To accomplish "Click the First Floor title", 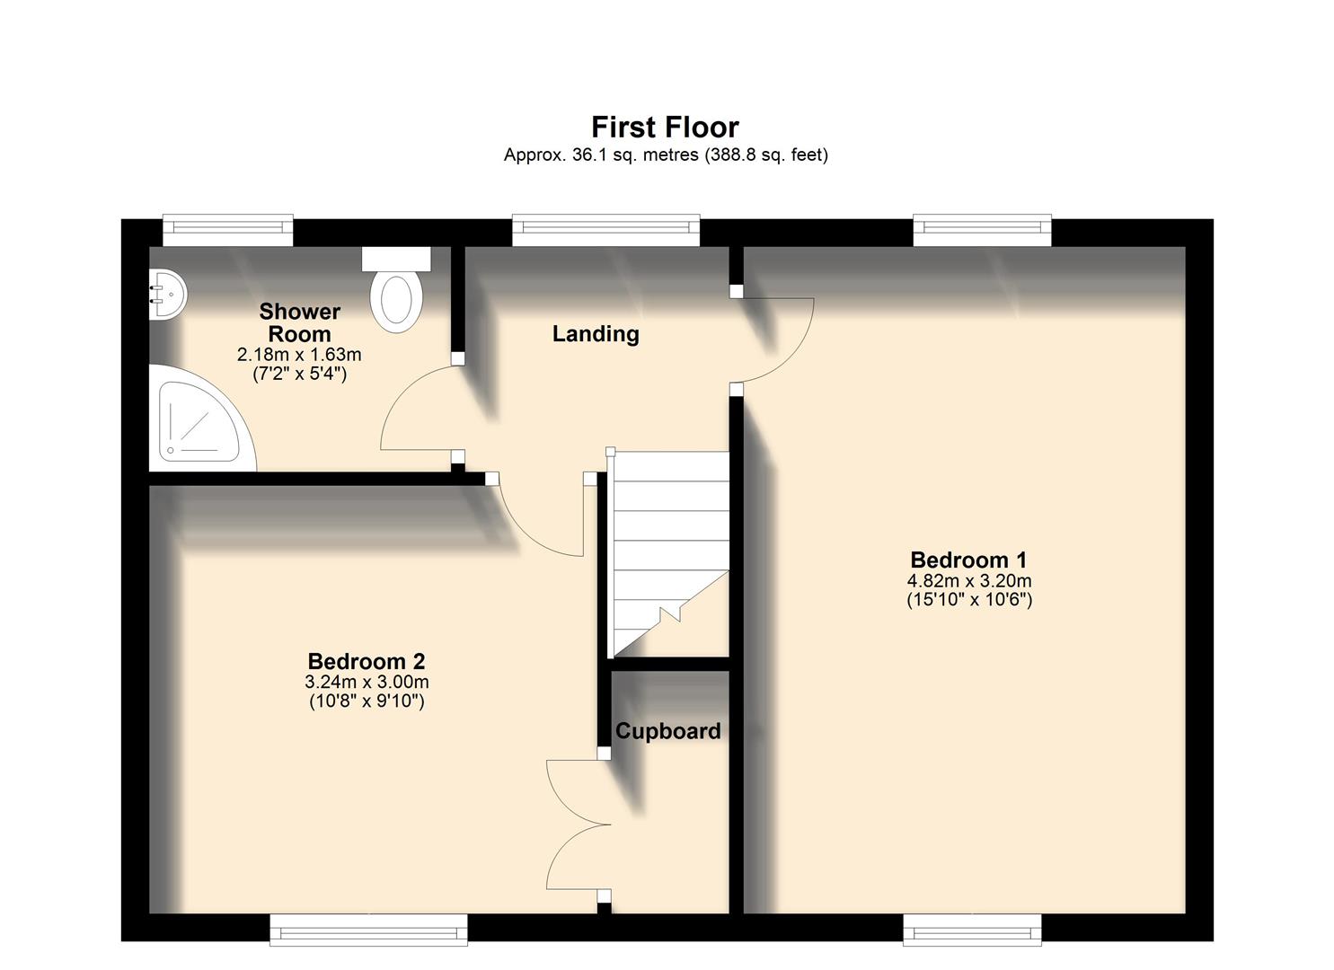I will (x=665, y=128).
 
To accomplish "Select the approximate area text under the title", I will (x=665, y=155).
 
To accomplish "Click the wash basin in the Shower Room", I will (x=167, y=293).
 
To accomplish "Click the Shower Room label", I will (x=299, y=322).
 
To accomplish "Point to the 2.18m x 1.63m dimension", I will (x=299, y=356).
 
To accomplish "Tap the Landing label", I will (x=596, y=334).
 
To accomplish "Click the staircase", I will (x=669, y=552).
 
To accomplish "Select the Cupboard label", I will (x=667, y=731).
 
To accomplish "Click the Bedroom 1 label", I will (x=968, y=560).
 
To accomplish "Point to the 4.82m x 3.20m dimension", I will (x=968, y=581).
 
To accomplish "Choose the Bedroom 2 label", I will (x=367, y=662).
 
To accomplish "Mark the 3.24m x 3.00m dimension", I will (x=367, y=683).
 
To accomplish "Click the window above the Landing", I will (x=605, y=230).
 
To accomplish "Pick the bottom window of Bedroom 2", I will (x=368, y=930).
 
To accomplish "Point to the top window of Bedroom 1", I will (x=982, y=230).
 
